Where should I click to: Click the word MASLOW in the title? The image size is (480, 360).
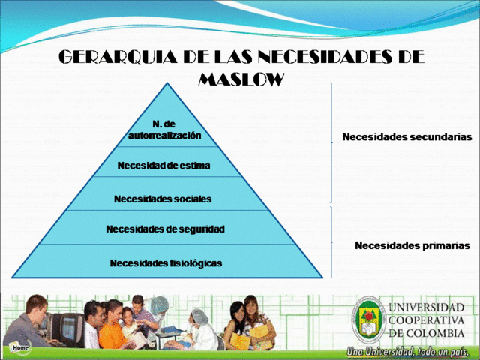[x=241, y=79]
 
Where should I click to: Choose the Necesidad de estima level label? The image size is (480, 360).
[x=163, y=166]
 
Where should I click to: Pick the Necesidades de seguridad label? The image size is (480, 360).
[x=165, y=228]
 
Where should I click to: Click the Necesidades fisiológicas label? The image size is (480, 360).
[x=165, y=262]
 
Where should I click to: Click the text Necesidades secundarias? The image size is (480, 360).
[x=406, y=137]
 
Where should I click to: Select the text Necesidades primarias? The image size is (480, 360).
[x=412, y=245]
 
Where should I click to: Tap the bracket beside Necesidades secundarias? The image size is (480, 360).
[x=331, y=142]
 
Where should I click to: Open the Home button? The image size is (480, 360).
[x=20, y=348]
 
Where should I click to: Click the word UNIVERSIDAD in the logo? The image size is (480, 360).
[x=426, y=307]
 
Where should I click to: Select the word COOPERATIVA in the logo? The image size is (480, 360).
[x=426, y=320]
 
